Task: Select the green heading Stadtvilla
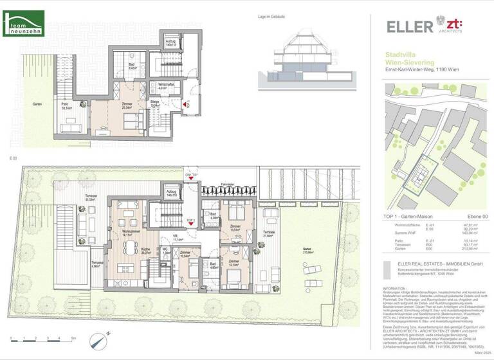(401, 55)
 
